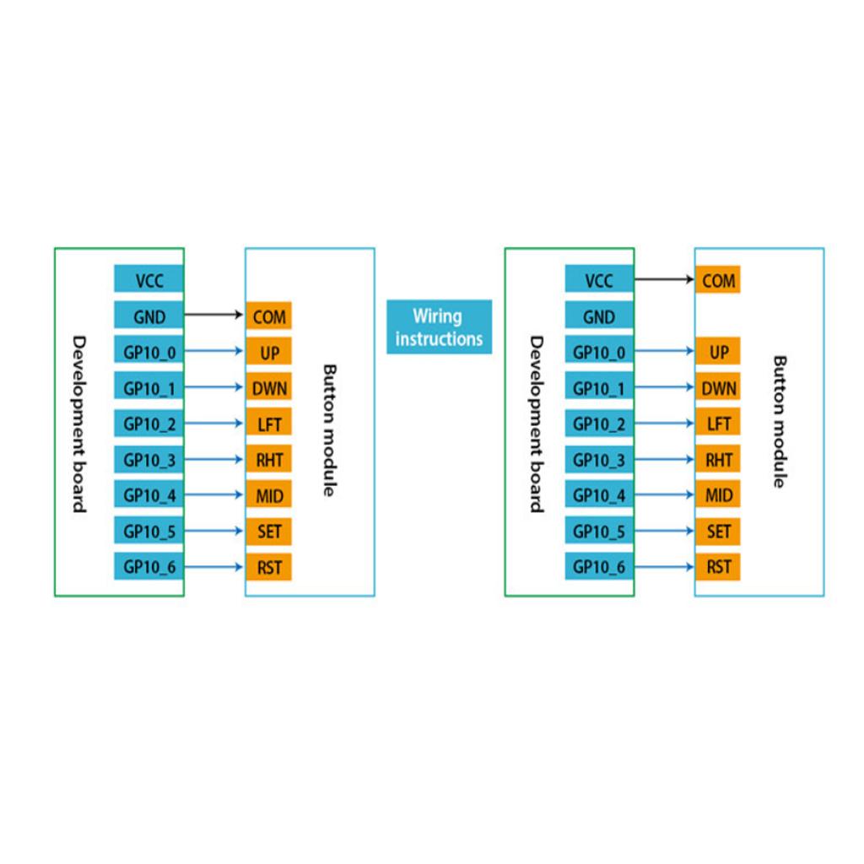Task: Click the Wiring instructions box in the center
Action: pos(439,327)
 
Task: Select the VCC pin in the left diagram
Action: pos(149,280)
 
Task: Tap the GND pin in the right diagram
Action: pos(599,316)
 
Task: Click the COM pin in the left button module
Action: pos(269,317)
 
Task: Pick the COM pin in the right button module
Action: pos(718,280)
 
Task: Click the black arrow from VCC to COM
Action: pos(663,278)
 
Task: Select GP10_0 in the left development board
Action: pos(149,352)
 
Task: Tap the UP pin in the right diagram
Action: pos(718,352)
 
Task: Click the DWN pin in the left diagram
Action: pos(269,388)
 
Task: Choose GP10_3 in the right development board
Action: pos(599,460)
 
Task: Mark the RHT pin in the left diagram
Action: pos(269,460)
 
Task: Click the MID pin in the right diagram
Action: pos(718,495)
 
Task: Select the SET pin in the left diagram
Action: pos(269,532)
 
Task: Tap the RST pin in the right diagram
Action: pos(718,567)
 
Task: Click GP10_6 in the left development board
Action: pos(149,567)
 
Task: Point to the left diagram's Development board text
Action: pos(78,424)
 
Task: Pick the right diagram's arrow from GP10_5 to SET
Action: pos(663,532)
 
